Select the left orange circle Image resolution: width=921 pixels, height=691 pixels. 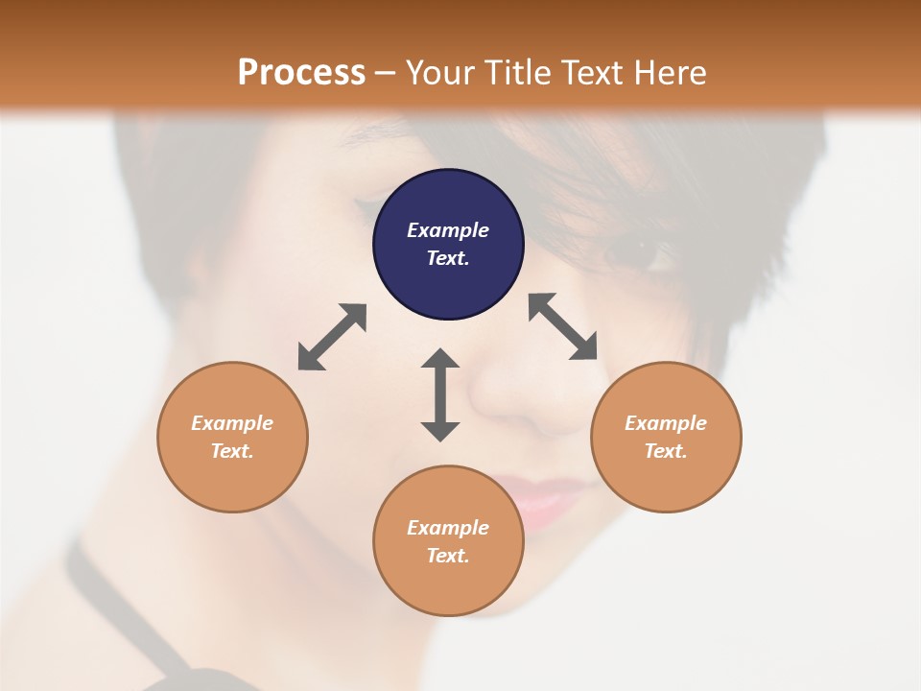(232, 437)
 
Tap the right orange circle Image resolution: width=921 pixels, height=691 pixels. (666, 437)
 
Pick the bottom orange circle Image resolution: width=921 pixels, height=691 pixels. (448, 541)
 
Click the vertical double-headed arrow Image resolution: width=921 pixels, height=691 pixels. (440, 394)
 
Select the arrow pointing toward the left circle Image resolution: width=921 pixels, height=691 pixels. (332, 337)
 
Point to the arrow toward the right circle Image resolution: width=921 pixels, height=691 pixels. (563, 326)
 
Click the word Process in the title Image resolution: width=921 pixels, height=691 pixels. (301, 72)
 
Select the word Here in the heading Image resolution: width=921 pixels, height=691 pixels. (672, 72)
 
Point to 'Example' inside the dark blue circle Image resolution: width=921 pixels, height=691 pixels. (448, 230)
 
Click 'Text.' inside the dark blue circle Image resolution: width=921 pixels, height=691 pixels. (448, 258)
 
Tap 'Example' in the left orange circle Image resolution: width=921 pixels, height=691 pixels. (232, 423)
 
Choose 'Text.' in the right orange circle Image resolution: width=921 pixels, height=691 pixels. (666, 451)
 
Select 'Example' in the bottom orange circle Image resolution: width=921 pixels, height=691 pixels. (448, 528)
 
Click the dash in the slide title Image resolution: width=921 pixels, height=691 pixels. (385, 73)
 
